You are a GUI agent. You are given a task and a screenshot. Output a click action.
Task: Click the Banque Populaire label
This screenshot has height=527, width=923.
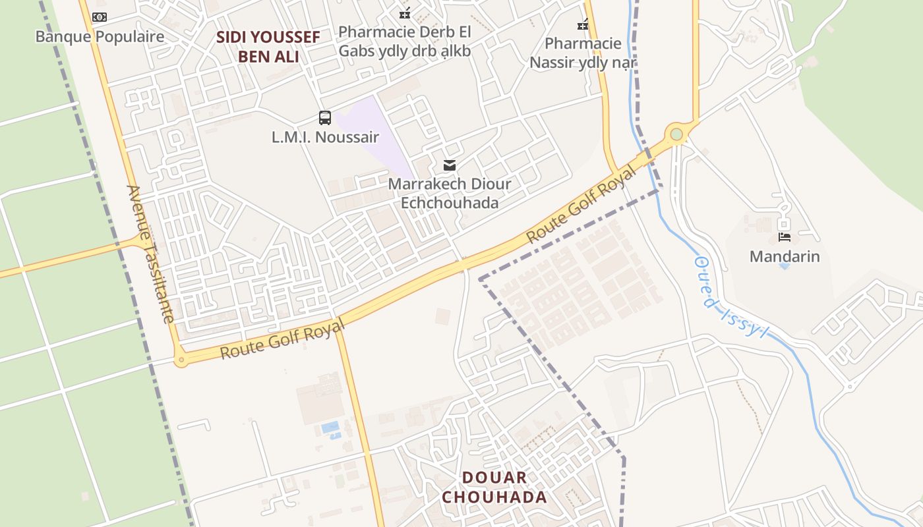(100, 36)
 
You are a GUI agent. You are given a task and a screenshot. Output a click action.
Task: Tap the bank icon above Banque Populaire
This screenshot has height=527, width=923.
(100, 17)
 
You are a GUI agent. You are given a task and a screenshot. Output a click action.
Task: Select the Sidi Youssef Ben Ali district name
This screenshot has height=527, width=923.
(268, 47)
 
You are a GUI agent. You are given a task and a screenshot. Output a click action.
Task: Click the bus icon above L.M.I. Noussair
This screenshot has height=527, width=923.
(325, 118)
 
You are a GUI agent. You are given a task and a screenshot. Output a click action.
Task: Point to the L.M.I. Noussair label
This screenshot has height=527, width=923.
(325, 137)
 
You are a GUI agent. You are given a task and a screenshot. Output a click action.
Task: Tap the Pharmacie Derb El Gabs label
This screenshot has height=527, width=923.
(404, 41)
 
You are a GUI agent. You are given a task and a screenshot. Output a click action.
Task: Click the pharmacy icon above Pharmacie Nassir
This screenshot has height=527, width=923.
(583, 25)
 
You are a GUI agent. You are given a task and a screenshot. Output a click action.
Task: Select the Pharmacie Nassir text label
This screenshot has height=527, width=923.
(583, 53)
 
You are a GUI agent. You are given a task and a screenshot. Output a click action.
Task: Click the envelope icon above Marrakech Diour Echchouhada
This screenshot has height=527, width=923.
(450, 165)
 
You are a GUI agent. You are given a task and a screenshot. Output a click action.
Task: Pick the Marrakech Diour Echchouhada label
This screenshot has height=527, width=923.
(450, 193)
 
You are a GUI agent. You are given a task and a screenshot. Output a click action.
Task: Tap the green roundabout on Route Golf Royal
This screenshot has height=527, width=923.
(676, 134)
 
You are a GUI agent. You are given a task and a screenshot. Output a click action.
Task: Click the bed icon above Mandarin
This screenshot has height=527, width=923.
(785, 237)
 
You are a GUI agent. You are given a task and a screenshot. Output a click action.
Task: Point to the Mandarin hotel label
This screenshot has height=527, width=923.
(785, 256)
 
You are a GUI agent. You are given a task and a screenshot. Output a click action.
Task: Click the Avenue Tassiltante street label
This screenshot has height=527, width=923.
(151, 254)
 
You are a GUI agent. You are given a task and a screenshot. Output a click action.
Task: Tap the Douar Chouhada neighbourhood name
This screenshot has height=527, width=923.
(494, 487)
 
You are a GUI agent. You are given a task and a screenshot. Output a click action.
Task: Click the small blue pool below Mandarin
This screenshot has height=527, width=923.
(783, 266)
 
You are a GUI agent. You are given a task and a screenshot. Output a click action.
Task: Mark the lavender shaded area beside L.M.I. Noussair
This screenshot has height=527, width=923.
(372, 135)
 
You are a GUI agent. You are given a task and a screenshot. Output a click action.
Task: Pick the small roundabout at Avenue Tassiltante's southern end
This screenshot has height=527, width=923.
(181, 360)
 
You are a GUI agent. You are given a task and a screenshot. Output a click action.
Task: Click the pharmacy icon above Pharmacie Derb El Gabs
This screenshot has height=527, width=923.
(405, 13)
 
